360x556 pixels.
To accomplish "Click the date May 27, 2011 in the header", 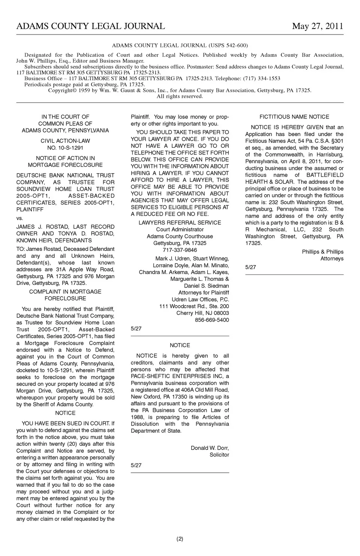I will click(x=317, y=26).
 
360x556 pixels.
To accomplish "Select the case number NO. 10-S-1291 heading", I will click(x=65, y=148).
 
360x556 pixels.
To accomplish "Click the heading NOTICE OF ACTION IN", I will click(x=65, y=158).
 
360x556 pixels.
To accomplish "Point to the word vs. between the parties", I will click(x=19, y=218).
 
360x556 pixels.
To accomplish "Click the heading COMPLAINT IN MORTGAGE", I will click(x=65, y=292).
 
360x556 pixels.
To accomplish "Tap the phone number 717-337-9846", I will click(x=180, y=250).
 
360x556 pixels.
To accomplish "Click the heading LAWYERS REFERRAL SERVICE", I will click(x=180, y=223).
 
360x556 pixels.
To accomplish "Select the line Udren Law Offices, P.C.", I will click(x=200, y=300).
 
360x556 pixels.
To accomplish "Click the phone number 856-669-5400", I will click(x=212, y=320).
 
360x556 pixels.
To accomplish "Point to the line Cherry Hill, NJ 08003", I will click(x=202, y=313).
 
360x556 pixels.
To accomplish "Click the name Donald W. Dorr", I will click(x=210, y=448).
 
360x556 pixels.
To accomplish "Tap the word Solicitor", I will click(x=219, y=455).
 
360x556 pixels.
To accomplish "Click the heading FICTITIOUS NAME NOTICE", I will click(x=294, y=117).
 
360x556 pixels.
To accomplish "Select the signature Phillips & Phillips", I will click(x=322, y=252).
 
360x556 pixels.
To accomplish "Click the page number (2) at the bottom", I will click(x=180, y=539).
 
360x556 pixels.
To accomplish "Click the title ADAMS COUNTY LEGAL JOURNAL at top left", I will click(x=90, y=26).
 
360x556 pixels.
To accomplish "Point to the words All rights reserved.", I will click(x=180, y=96).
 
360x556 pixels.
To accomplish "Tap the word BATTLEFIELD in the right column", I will click(x=325, y=175).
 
